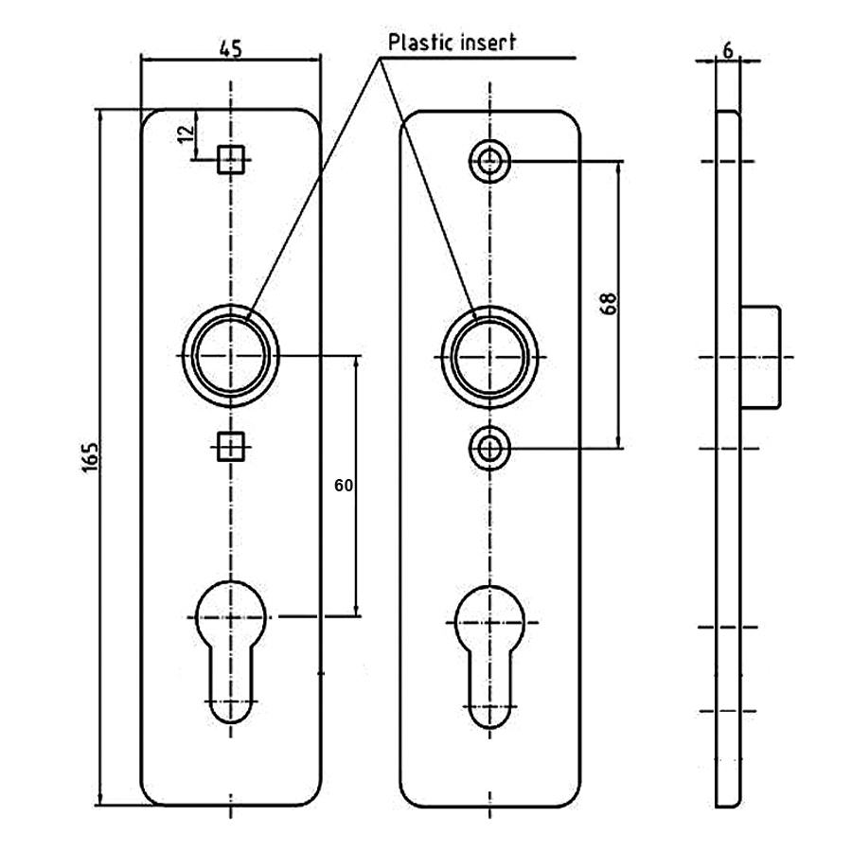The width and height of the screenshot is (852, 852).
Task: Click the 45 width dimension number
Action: click(230, 47)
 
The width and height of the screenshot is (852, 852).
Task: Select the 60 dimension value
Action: click(344, 486)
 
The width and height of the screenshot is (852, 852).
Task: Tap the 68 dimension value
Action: click(608, 303)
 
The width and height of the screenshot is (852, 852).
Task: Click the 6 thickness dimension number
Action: click(726, 50)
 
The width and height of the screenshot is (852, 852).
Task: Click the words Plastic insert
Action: click(453, 43)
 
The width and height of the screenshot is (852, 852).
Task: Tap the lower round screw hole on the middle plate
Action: click(489, 447)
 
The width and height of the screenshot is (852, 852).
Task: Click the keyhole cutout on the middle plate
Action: click(489, 653)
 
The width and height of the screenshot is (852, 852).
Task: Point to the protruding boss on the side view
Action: click(761, 357)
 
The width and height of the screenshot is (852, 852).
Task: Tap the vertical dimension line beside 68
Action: click(619, 303)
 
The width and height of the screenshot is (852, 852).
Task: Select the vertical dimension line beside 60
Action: click(358, 486)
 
